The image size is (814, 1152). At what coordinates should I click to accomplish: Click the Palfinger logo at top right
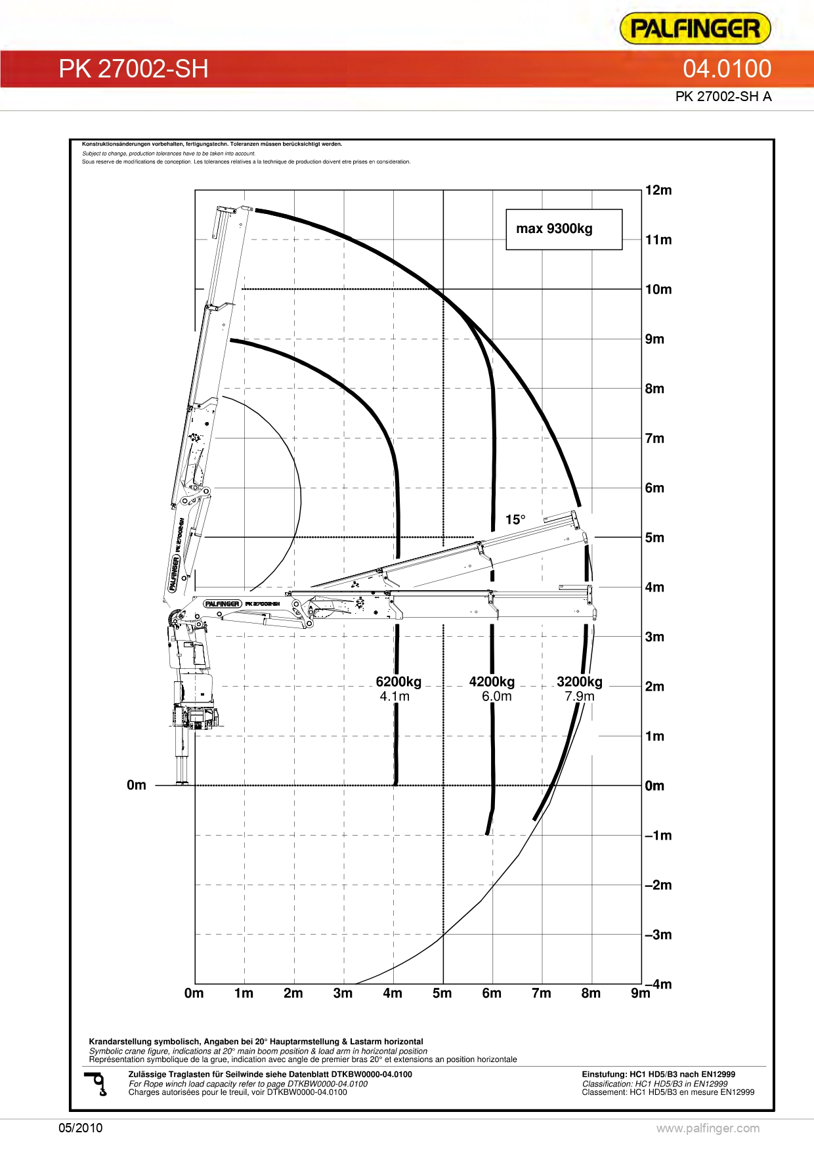click(695, 29)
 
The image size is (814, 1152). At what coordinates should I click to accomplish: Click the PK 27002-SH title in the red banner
click(133, 69)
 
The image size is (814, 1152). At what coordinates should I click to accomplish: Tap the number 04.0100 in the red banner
click(727, 69)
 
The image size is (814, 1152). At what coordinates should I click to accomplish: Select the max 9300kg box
click(563, 229)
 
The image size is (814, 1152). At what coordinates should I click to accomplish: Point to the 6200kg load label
click(398, 682)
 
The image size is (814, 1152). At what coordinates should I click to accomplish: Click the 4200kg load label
click(492, 682)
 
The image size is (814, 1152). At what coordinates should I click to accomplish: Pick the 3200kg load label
click(579, 682)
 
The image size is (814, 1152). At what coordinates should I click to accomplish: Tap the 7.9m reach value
click(579, 696)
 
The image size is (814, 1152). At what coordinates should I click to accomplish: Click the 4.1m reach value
click(394, 696)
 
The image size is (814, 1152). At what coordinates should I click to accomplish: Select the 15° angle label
click(515, 520)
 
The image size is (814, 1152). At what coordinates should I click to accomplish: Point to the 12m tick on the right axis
click(658, 190)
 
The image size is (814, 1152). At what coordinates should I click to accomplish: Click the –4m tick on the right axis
click(659, 984)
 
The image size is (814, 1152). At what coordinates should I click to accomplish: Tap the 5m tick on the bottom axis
click(442, 993)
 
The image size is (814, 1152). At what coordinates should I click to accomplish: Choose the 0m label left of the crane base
click(137, 785)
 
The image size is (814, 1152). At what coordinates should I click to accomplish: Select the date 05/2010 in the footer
click(81, 1128)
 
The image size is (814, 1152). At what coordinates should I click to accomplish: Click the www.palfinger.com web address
click(708, 1128)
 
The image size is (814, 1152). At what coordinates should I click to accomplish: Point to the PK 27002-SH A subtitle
click(723, 96)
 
